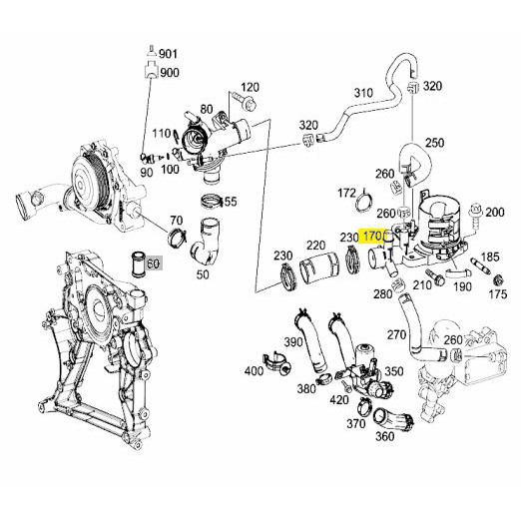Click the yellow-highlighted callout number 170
372,237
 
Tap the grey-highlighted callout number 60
153,263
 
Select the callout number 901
169,54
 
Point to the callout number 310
363,93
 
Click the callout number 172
347,193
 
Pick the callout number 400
254,370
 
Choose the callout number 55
231,202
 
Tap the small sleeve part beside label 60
138,264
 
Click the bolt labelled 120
245,101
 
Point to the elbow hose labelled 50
207,245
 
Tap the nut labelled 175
498,279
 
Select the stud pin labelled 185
480,266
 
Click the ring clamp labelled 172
363,202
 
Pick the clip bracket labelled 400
276,361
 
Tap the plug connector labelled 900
152,70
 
